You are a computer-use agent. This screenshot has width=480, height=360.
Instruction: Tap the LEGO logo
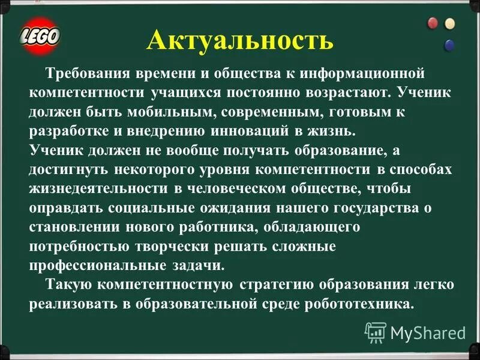click(x=40, y=35)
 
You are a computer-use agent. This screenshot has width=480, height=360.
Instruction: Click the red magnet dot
click(x=432, y=23)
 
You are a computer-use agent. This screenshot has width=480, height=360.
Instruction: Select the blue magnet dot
click(x=449, y=44)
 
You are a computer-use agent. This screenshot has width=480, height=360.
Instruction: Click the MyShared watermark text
click(x=428, y=332)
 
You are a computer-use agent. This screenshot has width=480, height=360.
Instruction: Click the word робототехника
click(x=363, y=304)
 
